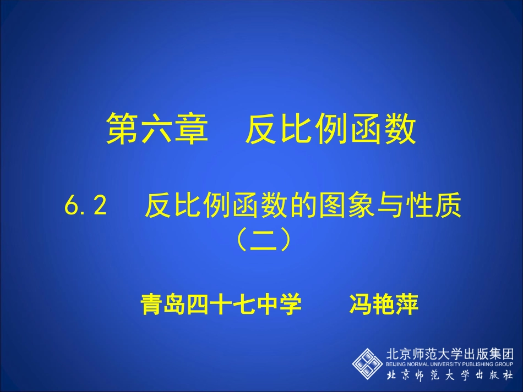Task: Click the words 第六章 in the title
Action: [157, 130]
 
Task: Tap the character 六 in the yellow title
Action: [157, 130]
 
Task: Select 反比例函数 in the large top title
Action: [330, 130]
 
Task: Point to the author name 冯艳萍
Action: [384, 303]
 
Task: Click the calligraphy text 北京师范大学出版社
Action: [450, 376]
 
